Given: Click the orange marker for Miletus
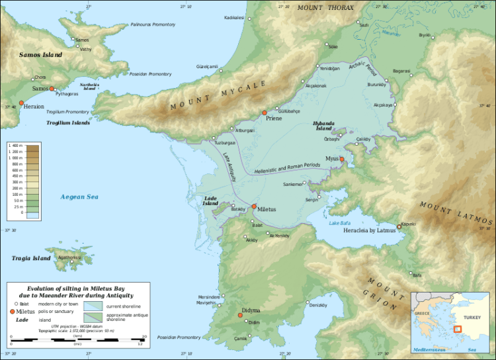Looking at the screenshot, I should [x=254, y=206].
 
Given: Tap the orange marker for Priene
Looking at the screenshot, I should [x=265, y=113].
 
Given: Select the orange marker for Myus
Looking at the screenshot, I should [x=342, y=159].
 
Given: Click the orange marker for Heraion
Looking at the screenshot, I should [x=21, y=103].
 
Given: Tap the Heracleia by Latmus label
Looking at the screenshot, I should [x=368, y=230].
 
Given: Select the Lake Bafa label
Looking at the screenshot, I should [x=343, y=222].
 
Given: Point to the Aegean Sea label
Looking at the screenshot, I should [x=79, y=197].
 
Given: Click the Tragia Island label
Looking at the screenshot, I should [x=31, y=258].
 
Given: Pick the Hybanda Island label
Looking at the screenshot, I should [x=329, y=126].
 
